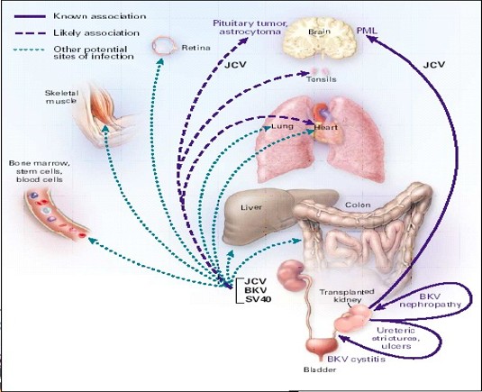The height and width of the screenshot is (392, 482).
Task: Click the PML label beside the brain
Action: tap(367, 31)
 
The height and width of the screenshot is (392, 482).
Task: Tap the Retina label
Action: tap(196, 48)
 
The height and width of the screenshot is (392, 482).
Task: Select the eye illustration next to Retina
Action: tap(165, 46)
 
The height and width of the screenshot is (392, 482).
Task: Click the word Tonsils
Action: tap(322, 79)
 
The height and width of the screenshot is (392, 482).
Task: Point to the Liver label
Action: tap(251, 207)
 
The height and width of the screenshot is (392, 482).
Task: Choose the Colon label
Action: tap(358, 205)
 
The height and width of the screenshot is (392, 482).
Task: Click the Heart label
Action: tap(326, 127)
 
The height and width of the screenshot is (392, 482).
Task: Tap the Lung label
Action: tap(283, 126)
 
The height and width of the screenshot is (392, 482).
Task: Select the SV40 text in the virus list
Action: tap(259, 299)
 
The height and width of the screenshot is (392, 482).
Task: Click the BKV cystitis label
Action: tap(356, 359)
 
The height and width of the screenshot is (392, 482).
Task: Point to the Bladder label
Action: tap(320, 369)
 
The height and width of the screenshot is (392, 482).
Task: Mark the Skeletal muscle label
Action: tap(61, 96)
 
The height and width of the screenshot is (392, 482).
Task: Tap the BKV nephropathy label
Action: tap(430, 301)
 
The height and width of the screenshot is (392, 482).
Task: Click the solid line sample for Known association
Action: tap(30, 16)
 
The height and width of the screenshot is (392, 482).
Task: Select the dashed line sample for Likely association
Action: tap(30, 33)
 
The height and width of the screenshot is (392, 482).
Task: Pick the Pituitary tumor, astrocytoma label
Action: tap(250, 27)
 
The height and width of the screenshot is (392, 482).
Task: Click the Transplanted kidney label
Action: tap(347, 296)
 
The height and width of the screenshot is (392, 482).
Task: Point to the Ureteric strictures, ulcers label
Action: tap(396, 338)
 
